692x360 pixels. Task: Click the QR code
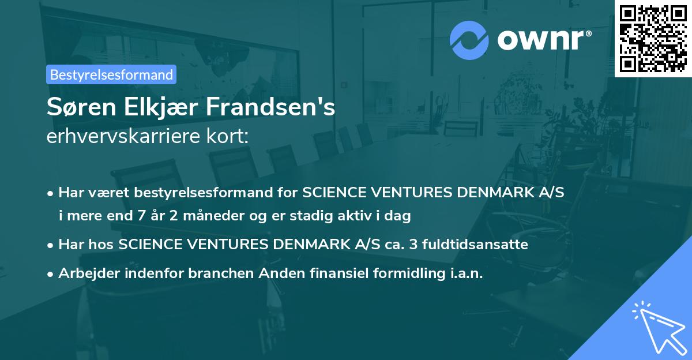(653, 38)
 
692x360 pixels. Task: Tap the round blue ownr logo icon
(469, 40)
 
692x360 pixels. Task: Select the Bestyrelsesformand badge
(111, 74)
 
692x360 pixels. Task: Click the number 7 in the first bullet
(142, 216)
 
